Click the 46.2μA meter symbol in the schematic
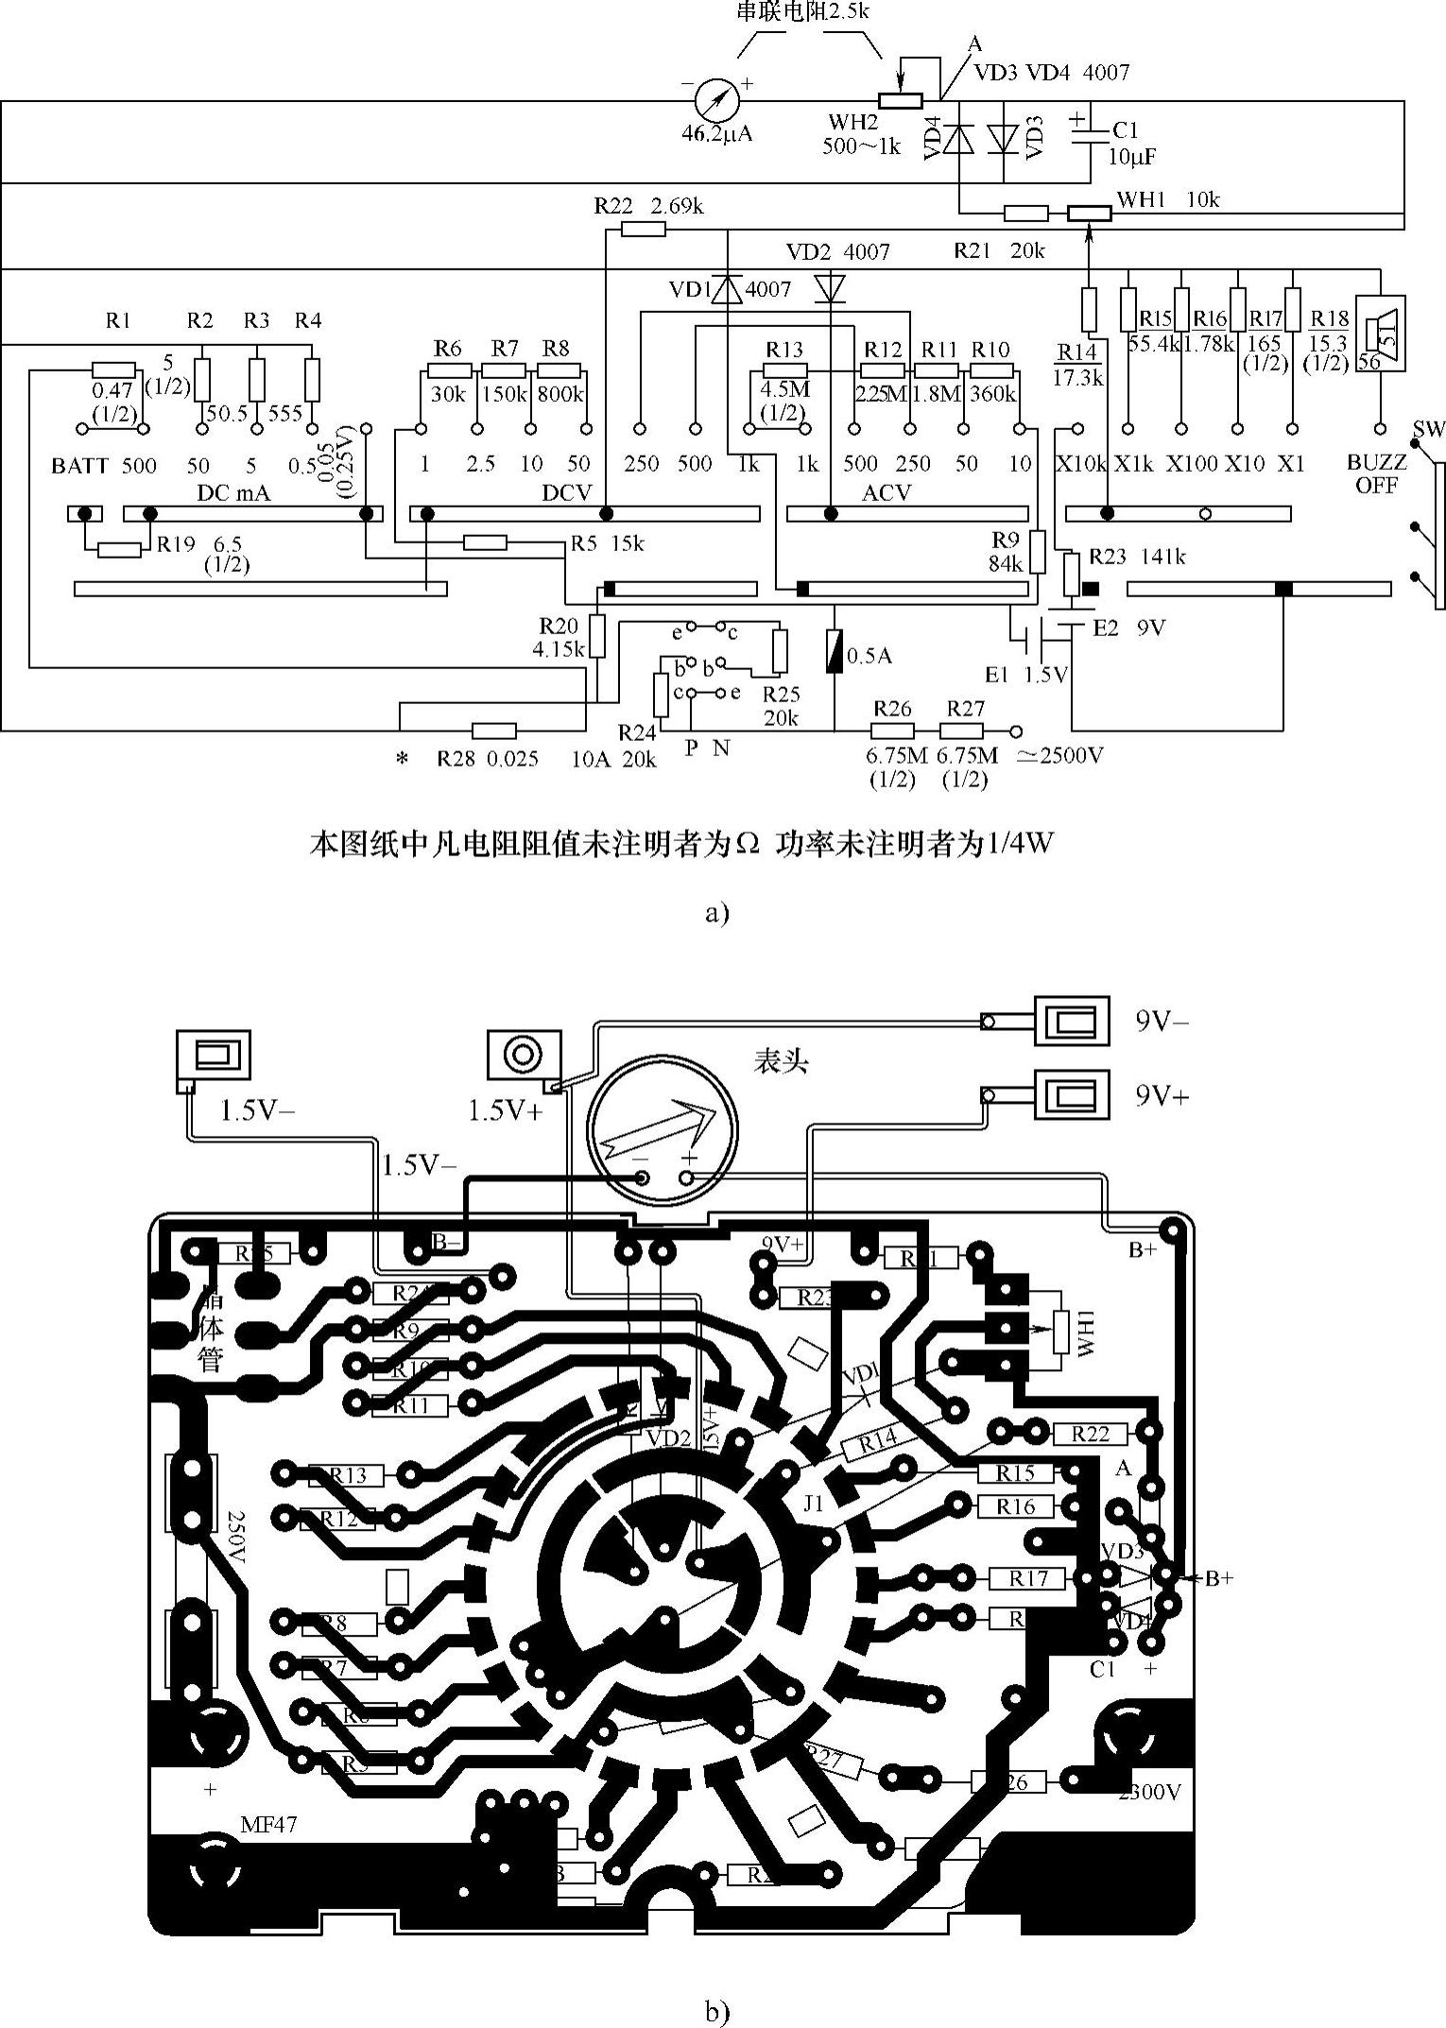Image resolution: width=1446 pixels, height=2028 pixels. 715,96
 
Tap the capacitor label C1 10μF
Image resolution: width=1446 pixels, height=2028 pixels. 1132,143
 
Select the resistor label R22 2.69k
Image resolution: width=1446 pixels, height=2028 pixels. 648,206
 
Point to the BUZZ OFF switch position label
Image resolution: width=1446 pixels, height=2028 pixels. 1377,473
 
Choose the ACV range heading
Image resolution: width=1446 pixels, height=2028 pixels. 887,492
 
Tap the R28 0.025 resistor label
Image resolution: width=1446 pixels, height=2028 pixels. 488,758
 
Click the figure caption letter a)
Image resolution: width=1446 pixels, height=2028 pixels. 717,913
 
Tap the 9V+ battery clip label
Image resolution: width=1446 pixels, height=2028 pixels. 1162,1095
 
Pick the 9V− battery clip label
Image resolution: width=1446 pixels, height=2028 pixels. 1162,1022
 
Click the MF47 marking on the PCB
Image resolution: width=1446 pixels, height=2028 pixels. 268,1825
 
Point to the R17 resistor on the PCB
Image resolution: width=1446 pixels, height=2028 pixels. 1027,1578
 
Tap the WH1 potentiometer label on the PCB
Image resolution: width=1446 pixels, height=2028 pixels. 1084,1333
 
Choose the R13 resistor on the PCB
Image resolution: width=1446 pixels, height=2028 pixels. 346,1475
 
